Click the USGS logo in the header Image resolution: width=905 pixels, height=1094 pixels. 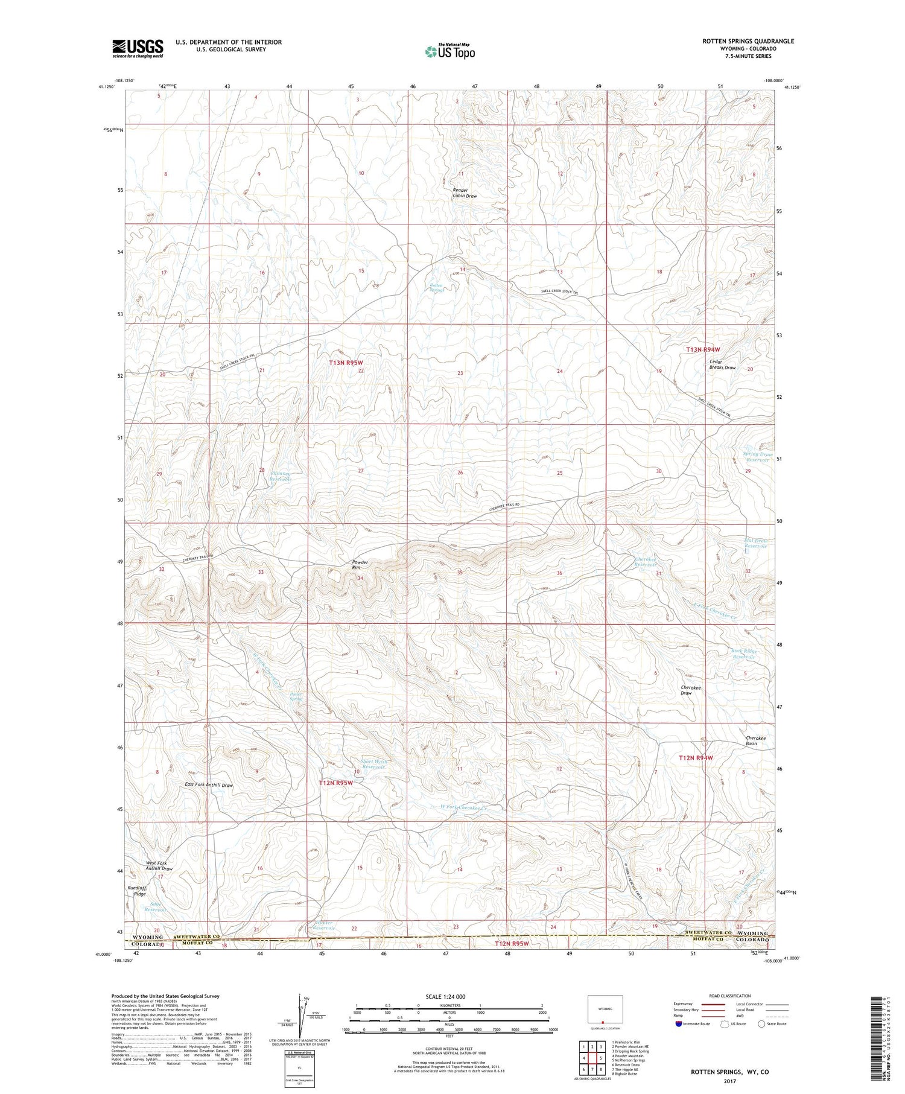(x=138, y=48)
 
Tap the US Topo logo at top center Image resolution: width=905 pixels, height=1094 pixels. (x=449, y=52)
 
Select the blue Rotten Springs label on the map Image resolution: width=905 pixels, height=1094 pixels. (x=436, y=288)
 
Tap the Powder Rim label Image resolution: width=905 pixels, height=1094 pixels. (x=360, y=565)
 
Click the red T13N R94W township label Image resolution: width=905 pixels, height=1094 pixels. (x=703, y=350)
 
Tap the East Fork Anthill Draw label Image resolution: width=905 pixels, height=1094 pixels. (x=209, y=785)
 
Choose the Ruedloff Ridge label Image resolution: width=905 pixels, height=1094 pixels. (x=136, y=891)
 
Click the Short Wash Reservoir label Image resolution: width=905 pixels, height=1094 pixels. (x=373, y=765)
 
